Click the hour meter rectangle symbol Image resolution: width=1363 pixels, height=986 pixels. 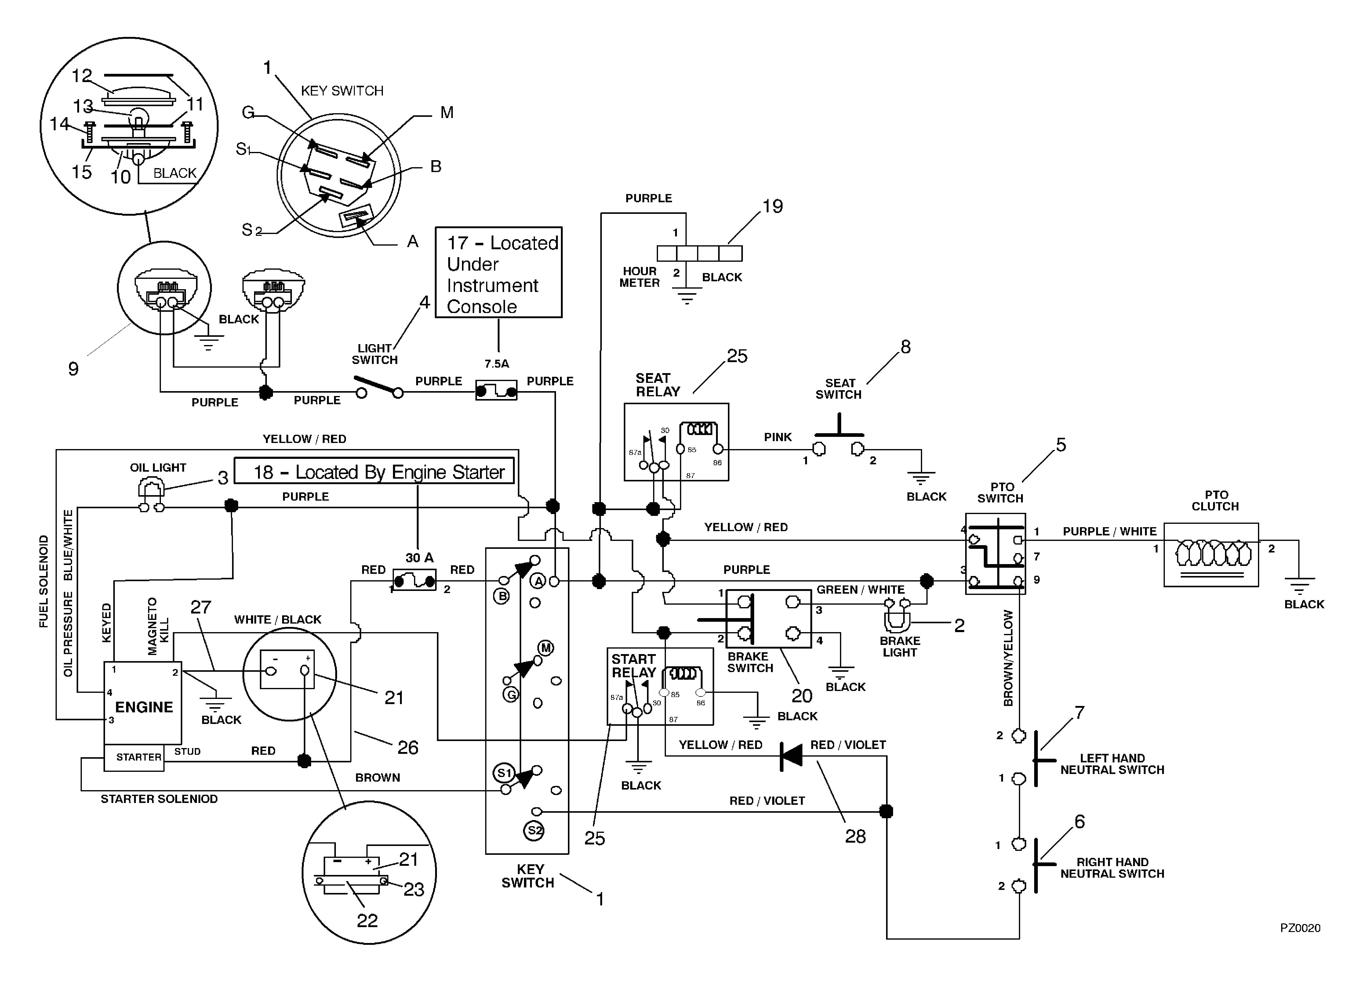click(x=699, y=254)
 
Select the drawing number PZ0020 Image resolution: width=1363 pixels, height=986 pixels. click(x=1300, y=928)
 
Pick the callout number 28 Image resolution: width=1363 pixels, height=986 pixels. click(x=855, y=837)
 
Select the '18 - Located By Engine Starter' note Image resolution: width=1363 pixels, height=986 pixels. click(x=374, y=471)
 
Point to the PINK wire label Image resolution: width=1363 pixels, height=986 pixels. click(x=778, y=437)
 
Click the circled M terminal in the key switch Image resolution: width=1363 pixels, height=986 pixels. click(x=546, y=648)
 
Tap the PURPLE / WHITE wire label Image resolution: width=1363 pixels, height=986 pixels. click(x=1109, y=531)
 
